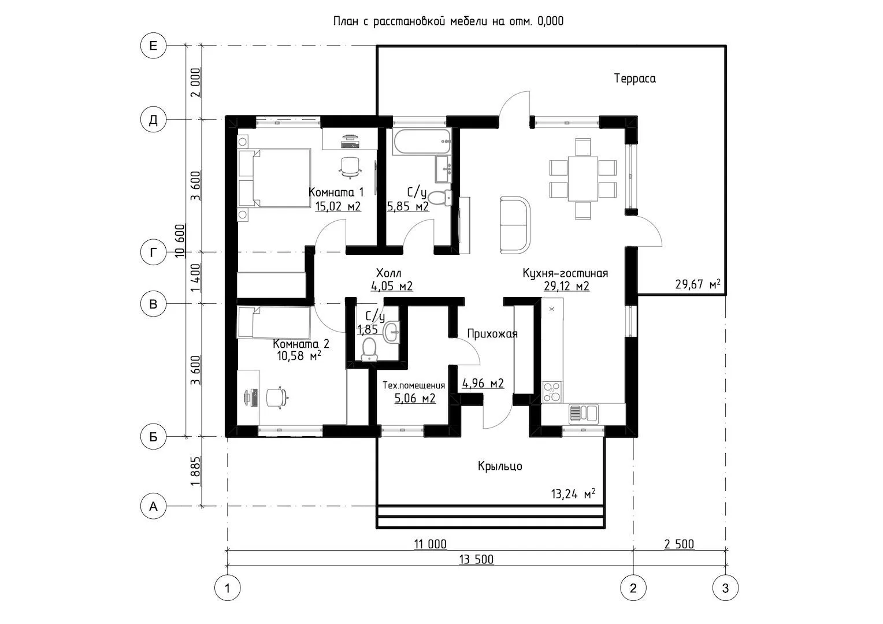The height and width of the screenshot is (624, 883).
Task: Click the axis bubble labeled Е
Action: click(x=153, y=46)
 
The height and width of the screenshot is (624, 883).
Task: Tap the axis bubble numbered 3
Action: click(x=725, y=589)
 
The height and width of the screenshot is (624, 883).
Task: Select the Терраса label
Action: click(x=635, y=79)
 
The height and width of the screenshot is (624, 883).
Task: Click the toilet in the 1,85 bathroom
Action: click(x=368, y=349)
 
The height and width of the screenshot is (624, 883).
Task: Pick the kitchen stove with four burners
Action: click(x=551, y=391)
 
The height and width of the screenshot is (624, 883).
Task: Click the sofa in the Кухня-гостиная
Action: click(x=514, y=224)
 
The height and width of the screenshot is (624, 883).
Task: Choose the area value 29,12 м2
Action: click(x=566, y=286)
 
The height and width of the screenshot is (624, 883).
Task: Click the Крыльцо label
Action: click(x=500, y=466)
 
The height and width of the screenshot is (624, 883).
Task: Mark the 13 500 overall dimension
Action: click(x=476, y=559)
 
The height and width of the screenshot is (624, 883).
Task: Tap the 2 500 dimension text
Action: click(x=679, y=544)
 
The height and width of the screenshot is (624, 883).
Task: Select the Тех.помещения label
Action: click(x=414, y=385)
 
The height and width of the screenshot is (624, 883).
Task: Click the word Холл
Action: click(x=388, y=273)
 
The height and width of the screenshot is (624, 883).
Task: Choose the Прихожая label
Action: click(x=492, y=333)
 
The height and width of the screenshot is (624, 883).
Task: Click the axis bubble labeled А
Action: click(x=153, y=506)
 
